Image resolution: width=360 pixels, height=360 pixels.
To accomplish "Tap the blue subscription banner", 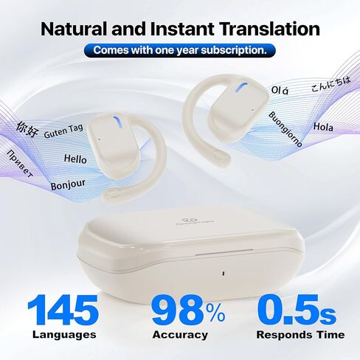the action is coord(179,51).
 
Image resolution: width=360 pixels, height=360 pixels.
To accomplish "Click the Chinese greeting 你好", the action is coord(27,129).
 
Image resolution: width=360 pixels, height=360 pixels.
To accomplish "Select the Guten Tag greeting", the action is coord(63,131).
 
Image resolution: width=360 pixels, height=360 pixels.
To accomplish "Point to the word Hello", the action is coord(75,159).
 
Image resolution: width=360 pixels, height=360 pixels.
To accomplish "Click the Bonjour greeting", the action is coord(68,184).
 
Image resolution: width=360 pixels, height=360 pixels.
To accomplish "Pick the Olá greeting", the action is coord(280,90).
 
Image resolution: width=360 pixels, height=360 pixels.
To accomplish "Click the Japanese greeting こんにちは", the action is coord(330,84).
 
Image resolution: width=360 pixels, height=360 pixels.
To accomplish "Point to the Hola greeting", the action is coord(323,127).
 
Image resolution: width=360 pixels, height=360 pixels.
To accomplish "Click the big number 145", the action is coord(63,311).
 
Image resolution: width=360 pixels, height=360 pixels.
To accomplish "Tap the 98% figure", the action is coord(188,311).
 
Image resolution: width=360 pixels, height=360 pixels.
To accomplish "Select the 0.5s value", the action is coord(297,311).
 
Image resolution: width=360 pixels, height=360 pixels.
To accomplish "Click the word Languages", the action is coord(64,335).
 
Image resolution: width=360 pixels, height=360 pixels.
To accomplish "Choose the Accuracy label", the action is coord(180,335).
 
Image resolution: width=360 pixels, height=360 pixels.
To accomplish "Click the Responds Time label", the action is coord(300,335).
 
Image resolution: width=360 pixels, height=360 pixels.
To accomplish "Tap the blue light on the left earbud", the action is coord(117,122).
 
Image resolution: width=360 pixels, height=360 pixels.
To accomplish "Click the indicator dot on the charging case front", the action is coord(223,274).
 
